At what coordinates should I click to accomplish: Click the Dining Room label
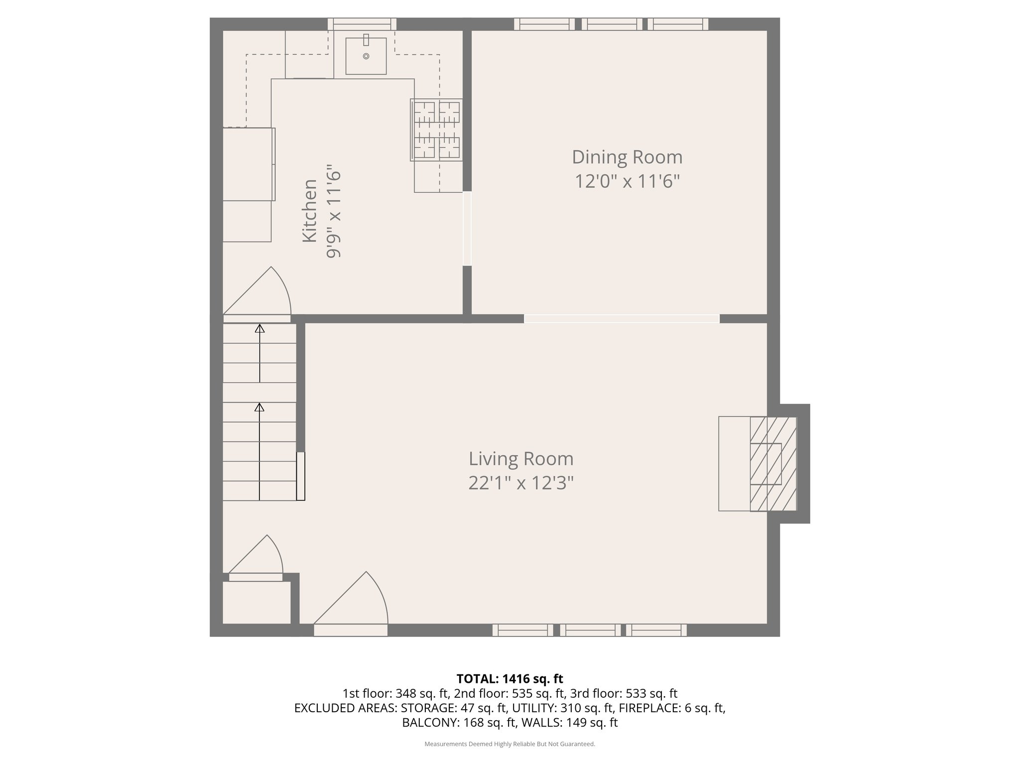(627, 157)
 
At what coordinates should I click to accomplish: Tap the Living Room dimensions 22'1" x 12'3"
(521, 483)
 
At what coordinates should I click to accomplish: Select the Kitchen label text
(310, 211)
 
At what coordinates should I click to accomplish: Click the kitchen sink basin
(366, 56)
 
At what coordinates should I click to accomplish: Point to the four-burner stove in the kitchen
(436, 130)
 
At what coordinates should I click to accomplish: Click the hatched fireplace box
(773, 464)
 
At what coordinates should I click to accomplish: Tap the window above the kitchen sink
(362, 24)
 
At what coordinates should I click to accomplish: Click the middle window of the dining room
(612, 24)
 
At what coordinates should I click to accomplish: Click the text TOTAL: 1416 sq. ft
(510, 678)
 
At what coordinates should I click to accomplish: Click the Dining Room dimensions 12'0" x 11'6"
(627, 181)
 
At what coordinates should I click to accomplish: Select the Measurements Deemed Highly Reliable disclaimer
(510, 744)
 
